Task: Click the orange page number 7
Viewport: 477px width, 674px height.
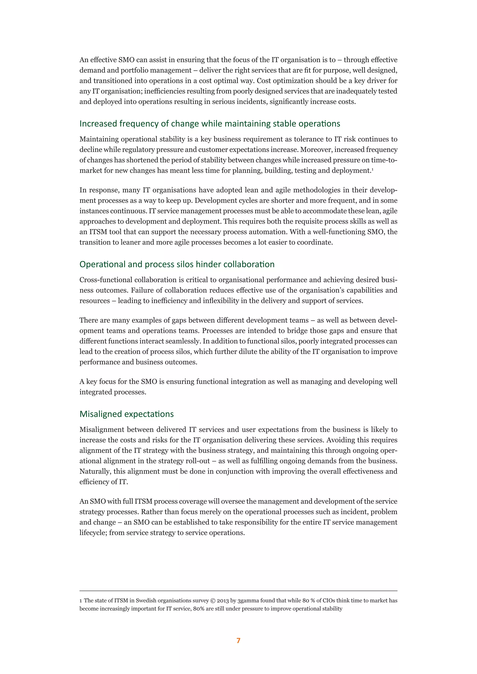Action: pyautogui.click(x=238, y=640)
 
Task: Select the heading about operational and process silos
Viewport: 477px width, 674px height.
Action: pyautogui.click(x=177, y=264)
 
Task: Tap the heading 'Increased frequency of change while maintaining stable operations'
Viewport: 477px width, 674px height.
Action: pyautogui.click(x=210, y=124)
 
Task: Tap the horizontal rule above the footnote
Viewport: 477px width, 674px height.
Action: pyautogui.click(x=238, y=591)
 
